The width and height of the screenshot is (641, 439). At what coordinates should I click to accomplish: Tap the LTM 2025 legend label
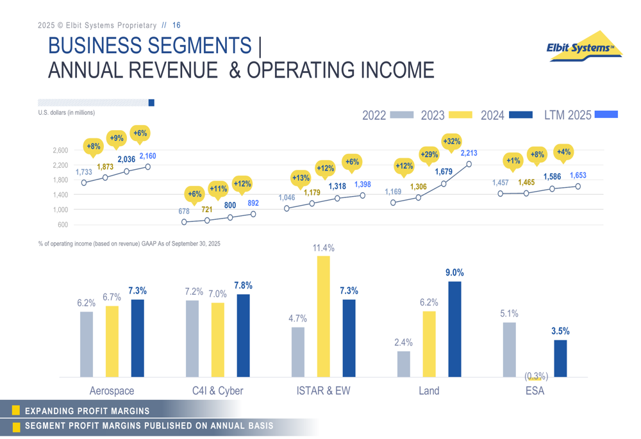click(567, 115)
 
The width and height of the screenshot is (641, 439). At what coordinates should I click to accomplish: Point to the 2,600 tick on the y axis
click(60, 151)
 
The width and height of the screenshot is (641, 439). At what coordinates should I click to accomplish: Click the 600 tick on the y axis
click(62, 225)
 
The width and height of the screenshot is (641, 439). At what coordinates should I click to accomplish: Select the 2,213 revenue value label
click(469, 153)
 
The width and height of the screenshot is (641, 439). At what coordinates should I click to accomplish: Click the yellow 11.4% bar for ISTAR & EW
click(324, 316)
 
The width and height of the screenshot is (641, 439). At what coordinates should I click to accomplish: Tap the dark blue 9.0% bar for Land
click(454, 329)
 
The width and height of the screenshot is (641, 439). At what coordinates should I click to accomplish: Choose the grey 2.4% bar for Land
click(404, 363)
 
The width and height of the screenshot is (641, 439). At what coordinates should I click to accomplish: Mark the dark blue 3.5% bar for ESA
click(560, 358)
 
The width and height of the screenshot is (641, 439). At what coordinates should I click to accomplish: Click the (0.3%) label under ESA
click(536, 376)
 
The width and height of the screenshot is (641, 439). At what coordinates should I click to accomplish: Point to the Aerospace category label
click(112, 390)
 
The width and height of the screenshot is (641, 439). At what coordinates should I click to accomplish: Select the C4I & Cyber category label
click(218, 390)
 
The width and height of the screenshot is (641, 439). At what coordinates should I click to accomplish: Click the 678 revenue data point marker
click(184, 222)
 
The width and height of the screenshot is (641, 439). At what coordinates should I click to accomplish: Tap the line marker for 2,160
click(148, 167)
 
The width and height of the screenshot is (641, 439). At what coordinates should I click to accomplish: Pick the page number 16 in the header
click(176, 26)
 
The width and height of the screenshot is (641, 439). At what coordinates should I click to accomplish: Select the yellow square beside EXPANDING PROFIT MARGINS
click(16, 411)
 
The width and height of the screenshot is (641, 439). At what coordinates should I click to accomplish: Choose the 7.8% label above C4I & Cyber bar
click(243, 286)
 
